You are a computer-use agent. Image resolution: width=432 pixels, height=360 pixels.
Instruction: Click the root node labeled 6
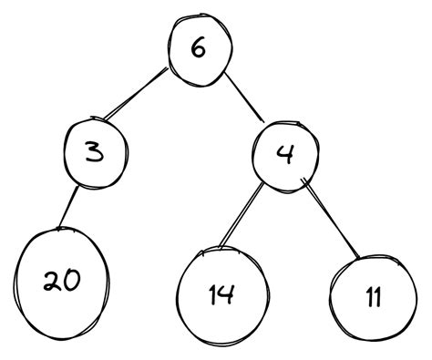199,47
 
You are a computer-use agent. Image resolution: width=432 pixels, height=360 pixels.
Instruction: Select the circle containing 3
94,152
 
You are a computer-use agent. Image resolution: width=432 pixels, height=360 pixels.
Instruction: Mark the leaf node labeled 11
372,296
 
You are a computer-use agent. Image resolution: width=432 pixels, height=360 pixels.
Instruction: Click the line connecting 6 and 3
137,95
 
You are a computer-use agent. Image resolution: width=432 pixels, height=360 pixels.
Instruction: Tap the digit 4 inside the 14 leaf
229,294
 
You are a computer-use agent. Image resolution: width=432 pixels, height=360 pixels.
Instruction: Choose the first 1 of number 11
365,297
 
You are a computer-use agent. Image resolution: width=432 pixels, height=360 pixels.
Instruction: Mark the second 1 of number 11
379,297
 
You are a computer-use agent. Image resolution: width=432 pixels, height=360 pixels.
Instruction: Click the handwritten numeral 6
199,47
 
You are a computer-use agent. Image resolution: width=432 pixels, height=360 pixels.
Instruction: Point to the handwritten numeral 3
93,152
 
